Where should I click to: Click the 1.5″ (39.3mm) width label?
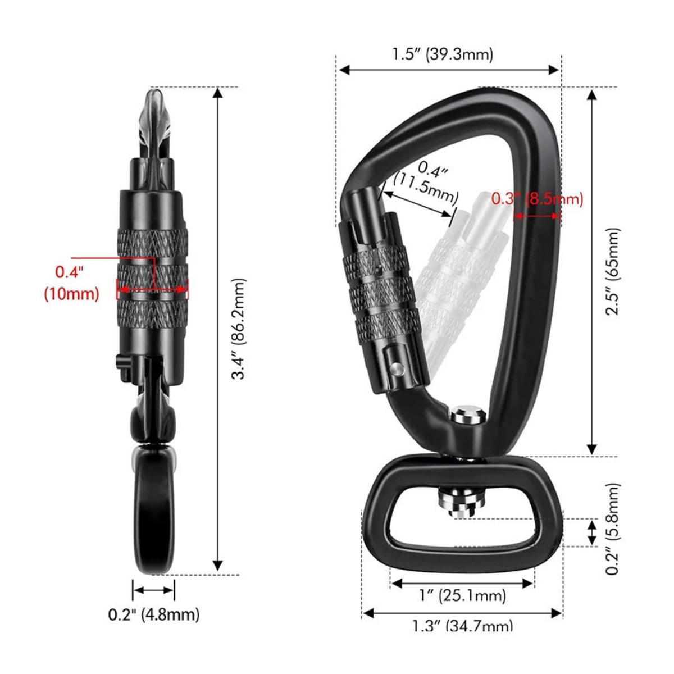(x=442, y=54)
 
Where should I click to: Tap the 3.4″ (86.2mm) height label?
(x=240, y=329)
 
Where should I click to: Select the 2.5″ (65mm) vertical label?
(x=612, y=271)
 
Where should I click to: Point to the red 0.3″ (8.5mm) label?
(x=538, y=199)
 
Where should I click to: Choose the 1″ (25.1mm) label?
(x=463, y=595)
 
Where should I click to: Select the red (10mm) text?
(x=72, y=294)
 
